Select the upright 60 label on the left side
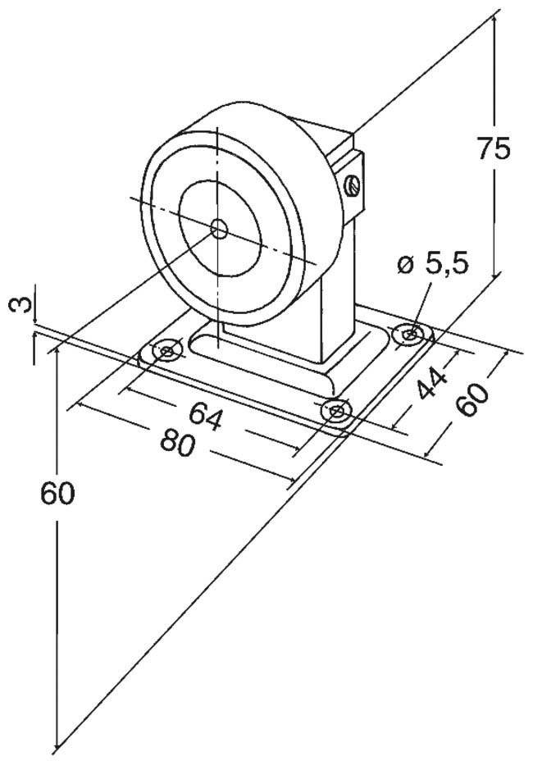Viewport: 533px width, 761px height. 57,494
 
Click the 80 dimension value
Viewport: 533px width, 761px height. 177,443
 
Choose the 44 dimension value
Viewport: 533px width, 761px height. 431,382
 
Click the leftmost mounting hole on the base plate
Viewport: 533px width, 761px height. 167,352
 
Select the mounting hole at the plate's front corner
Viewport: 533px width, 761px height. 336,411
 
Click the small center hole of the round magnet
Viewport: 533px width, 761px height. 218,228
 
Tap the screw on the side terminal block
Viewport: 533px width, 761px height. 353,185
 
